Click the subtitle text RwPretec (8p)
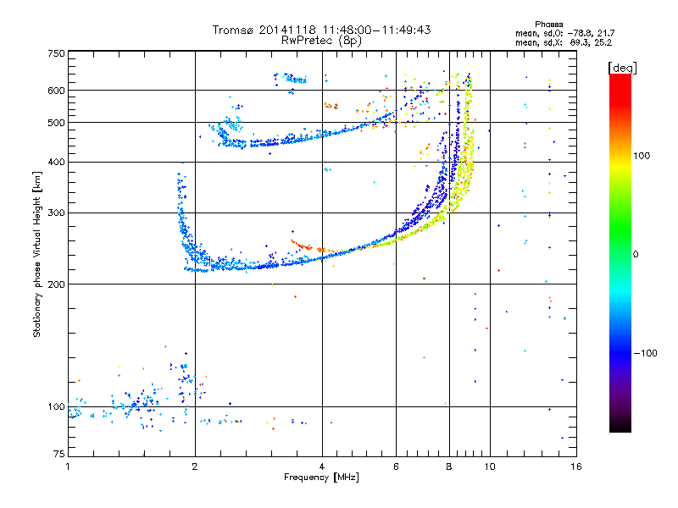point(321,41)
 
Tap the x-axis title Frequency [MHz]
point(321,478)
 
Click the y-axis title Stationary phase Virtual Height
point(36,253)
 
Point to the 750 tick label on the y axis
point(56,53)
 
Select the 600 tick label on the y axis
point(56,91)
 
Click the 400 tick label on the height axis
point(56,162)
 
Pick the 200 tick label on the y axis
point(56,284)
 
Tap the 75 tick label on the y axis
point(59,454)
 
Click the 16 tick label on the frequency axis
point(576,467)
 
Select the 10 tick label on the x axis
point(490,467)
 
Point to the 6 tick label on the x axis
point(396,467)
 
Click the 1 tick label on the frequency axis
point(68,467)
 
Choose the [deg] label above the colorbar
point(622,68)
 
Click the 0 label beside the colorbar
point(635,254)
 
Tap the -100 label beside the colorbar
point(645,353)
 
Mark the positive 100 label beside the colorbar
point(642,156)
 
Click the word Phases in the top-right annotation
point(548,25)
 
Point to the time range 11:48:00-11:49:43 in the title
point(376,30)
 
